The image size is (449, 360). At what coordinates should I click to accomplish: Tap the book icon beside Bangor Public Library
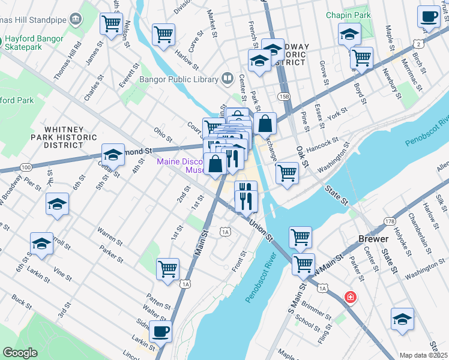coord(228,78)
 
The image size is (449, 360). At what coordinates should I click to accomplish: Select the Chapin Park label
coord(348,14)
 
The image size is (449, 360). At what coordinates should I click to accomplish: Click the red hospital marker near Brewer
coord(349,297)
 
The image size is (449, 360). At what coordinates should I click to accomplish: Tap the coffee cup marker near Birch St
coord(429,17)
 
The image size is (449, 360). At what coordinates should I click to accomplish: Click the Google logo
coord(20,353)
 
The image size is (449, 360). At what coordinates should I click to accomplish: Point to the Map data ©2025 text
coord(423,355)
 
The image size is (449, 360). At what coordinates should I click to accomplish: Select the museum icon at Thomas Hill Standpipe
coord(76,19)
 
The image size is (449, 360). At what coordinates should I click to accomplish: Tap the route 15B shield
coord(283,95)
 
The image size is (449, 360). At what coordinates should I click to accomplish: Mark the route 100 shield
coord(25,166)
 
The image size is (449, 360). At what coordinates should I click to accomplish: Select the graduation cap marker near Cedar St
coord(113,155)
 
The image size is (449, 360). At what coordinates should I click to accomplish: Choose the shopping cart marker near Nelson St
coord(112,23)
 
